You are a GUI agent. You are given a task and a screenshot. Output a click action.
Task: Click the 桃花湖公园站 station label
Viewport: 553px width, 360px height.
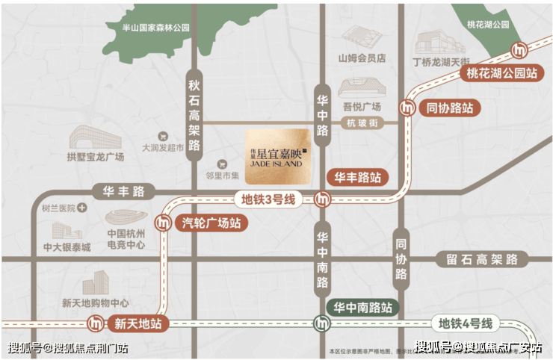pos(501,74)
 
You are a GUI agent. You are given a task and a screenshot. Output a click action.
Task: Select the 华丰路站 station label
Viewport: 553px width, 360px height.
pos(357,178)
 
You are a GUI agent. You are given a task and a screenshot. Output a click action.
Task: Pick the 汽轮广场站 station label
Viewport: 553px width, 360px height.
pos(211,223)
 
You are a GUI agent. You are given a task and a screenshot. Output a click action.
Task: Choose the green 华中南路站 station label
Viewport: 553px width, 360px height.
pos(363,307)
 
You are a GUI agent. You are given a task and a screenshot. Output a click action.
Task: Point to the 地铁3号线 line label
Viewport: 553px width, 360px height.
pos(267,199)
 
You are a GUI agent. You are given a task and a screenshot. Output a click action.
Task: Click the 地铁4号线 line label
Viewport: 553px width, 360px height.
pos(466,324)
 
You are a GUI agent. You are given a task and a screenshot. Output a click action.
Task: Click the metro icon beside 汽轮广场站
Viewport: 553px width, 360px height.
pos(162,223)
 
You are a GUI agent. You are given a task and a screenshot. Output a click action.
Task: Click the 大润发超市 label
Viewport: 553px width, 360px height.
pos(163,148)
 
